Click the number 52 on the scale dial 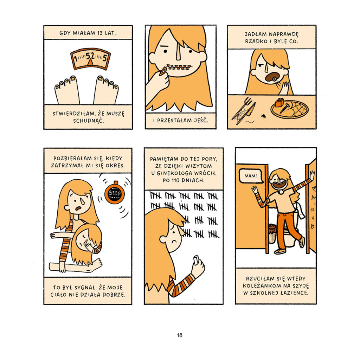coord(90,56)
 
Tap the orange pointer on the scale coord(91,63)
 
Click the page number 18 coord(180,335)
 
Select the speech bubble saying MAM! coord(251,176)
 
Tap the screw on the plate coord(284,108)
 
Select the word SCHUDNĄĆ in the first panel coord(88,121)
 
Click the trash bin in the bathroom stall coord(272,233)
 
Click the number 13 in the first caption coord(99,33)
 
